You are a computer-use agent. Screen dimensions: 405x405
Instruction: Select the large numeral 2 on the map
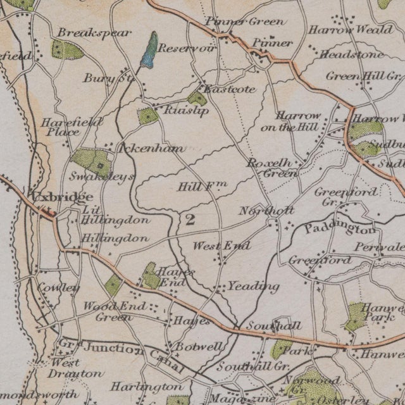(x=189, y=220)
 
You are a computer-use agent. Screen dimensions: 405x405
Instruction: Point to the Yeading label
(x=253, y=287)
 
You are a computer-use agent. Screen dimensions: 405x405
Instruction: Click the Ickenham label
(x=151, y=149)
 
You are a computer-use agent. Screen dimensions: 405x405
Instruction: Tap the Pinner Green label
(x=235, y=22)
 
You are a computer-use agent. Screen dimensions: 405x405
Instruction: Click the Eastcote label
(x=230, y=89)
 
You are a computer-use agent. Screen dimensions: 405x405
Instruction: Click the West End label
(x=221, y=246)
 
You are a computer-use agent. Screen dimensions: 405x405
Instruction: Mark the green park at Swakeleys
(x=89, y=162)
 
